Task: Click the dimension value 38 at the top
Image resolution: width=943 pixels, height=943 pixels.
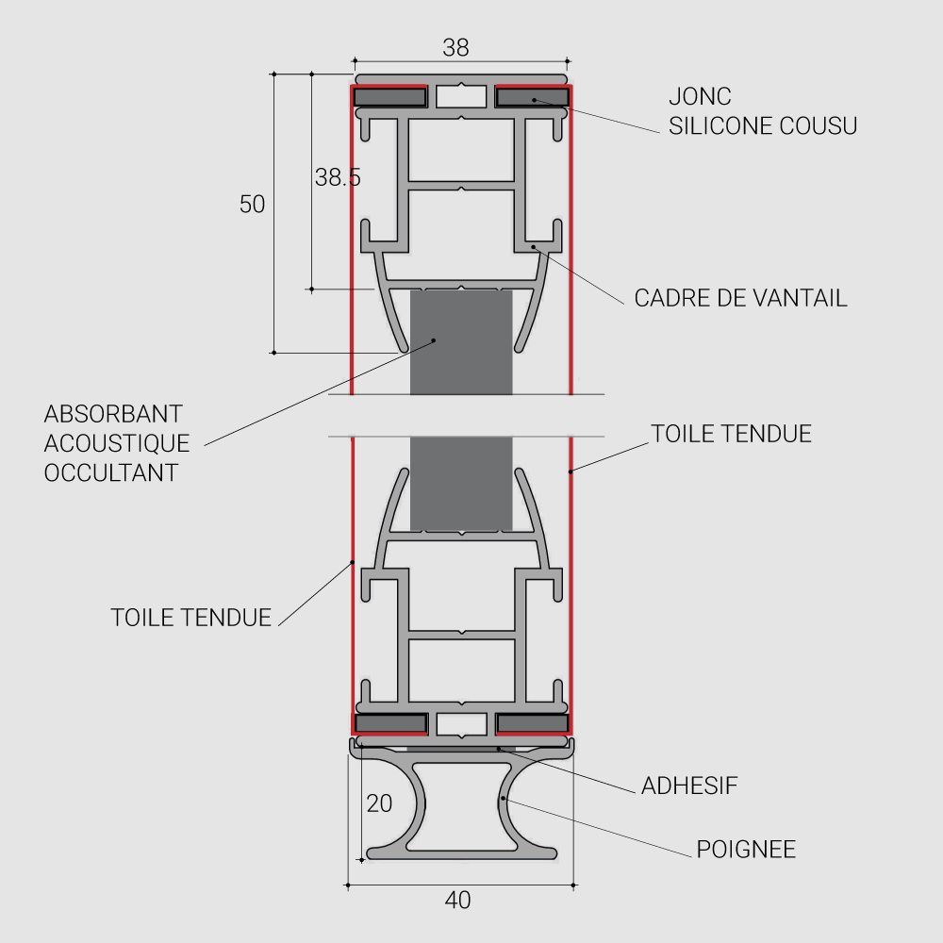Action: click(455, 47)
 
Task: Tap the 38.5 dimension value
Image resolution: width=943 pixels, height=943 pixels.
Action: click(338, 177)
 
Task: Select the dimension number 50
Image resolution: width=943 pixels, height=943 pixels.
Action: click(252, 205)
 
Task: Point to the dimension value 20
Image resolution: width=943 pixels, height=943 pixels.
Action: click(379, 803)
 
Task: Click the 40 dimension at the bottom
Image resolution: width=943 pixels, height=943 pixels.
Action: click(457, 901)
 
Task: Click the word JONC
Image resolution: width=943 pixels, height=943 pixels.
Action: click(700, 96)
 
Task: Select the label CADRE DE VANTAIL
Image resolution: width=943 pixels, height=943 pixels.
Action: click(740, 298)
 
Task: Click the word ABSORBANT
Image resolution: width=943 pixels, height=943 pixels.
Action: click(113, 414)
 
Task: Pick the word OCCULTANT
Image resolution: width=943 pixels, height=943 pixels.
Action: click(111, 472)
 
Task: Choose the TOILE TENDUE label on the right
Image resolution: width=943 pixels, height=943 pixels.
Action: click(732, 434)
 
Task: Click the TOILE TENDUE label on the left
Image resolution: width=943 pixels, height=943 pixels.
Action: click(191, 618)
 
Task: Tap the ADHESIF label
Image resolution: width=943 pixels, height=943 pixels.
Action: click(689, 786)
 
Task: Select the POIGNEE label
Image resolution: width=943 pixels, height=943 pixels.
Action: click(746, 850)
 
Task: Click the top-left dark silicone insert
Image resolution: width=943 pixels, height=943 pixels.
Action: click(389, 97)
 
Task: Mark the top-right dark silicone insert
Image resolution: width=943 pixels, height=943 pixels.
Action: click(533, 97)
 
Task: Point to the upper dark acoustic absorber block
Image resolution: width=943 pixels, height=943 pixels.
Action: click(461, 342)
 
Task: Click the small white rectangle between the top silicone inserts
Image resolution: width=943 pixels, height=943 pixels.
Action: click(461, 97)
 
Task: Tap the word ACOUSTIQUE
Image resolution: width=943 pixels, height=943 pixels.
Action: click(117, 443)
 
